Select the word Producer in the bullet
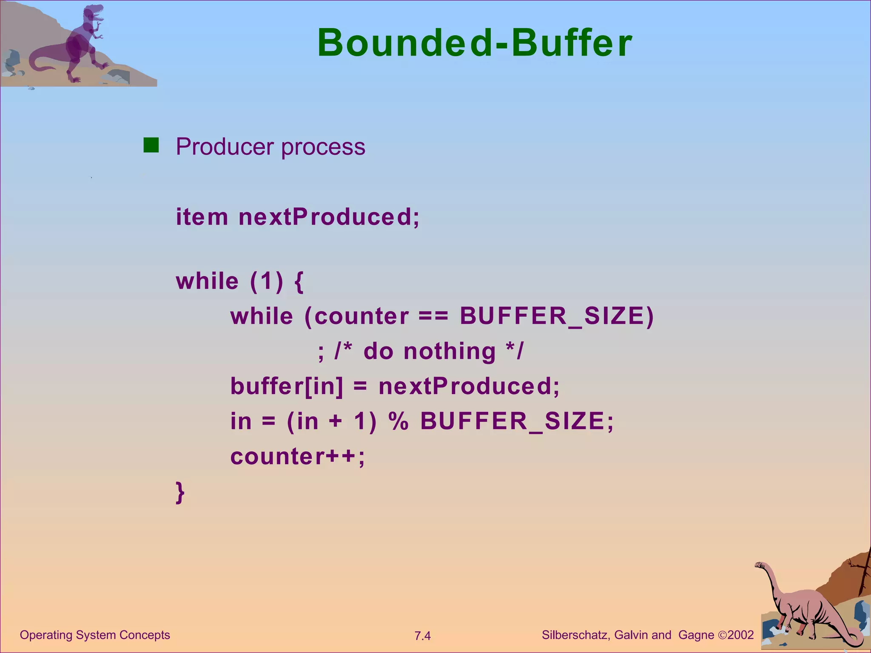225,147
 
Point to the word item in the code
202,217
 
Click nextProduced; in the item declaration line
329,217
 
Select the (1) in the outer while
266,281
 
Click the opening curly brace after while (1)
299,281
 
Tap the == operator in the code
433,317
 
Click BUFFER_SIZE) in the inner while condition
557,317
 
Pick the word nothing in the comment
450,352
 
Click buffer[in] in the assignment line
286,386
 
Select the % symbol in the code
398,421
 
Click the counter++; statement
297,457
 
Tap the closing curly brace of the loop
180,492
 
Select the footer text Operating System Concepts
95,635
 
